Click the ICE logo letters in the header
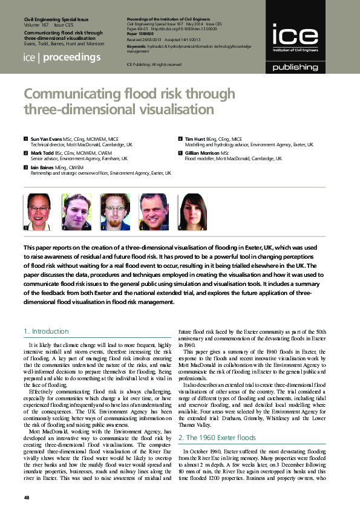point(295,35)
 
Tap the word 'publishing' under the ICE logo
point(295,67)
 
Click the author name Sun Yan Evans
point(46,139)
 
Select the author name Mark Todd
point(43,153)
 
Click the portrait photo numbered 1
point(37,212)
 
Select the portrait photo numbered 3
point(114,212)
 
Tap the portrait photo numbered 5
point(192,212)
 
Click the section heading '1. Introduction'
point(46,331)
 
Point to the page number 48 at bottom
point(27,497)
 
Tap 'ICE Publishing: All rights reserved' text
point(154,64)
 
